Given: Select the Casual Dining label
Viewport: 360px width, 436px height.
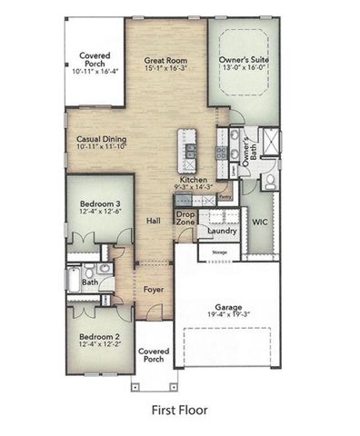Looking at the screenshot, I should click(x=102, y=140).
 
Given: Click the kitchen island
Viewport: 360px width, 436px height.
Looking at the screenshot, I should click(x=191, y=150).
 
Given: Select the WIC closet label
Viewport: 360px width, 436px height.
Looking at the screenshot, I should click(x=258, y=221).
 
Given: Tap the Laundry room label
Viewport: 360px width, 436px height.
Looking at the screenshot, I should click(x=222, y=231).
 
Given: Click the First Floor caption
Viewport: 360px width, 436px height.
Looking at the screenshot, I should click(x=179, y=411).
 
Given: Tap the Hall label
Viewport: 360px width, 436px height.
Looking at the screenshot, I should click(x=154, y=222).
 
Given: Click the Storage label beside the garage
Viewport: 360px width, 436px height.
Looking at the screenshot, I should click(x=219, y=252).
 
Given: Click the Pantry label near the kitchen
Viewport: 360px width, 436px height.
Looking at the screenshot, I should click(x=225, y=194).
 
